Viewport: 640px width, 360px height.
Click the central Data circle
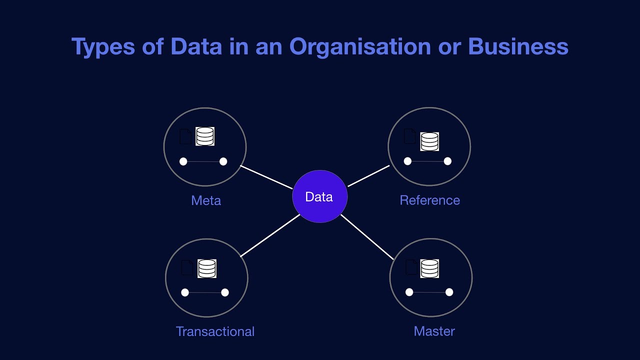point(319,196)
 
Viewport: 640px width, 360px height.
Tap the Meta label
point(206,200)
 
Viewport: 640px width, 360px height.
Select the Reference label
point(429,200)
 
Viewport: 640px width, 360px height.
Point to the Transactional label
point(215,331)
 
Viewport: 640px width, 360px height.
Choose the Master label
point(434,331)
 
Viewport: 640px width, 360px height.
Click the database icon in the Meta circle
point(205,136)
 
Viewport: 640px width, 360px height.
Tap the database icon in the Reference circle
point(429,141)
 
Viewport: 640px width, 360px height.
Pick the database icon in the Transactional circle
point(206,268)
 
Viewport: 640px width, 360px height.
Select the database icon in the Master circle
point(429,268)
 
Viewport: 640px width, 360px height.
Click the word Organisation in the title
point(360,46)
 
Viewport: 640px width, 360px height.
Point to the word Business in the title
point(518,46)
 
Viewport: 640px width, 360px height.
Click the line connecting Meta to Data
point(266,177)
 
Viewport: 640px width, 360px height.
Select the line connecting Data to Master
point(367,237)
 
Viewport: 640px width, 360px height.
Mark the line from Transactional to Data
point(270,235)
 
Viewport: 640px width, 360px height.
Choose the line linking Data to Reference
point(368,175)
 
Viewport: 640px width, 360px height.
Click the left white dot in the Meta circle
point(183,161)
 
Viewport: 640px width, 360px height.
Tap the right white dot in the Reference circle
point(447,161)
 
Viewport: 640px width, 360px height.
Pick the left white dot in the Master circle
point(409,292)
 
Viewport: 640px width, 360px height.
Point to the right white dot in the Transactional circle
point(225,292)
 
